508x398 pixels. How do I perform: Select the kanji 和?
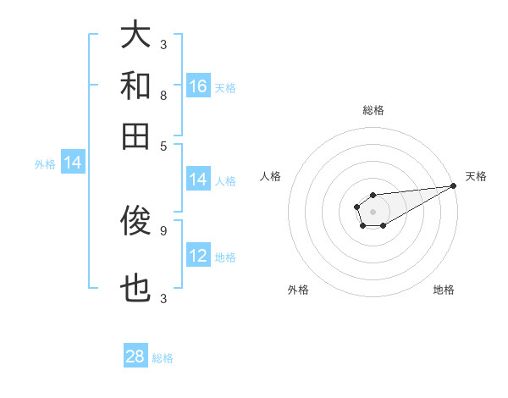[x=135, y=86]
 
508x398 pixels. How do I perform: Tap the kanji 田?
[x=135, y=135]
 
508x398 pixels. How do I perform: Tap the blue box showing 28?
[x=135, y=357]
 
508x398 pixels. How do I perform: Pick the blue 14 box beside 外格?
[x=73, y=163]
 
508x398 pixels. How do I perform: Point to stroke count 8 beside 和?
[x=163, y=96]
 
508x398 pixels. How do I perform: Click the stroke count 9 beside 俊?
[x=163, y=229]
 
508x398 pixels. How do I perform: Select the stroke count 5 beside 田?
[x=163, y=145]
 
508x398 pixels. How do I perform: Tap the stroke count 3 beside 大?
[x=163, y=44]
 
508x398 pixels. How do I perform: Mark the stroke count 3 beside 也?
[x=163, y=298]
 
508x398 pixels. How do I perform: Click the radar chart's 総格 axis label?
[x=373, y=111]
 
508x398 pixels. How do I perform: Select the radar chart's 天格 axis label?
[x=476, y=176]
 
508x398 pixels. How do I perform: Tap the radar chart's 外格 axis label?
[x=298, y=290]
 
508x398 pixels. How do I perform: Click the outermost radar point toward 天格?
[x=453, y=185]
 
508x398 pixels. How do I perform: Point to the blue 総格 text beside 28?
[x=163, y=358]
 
